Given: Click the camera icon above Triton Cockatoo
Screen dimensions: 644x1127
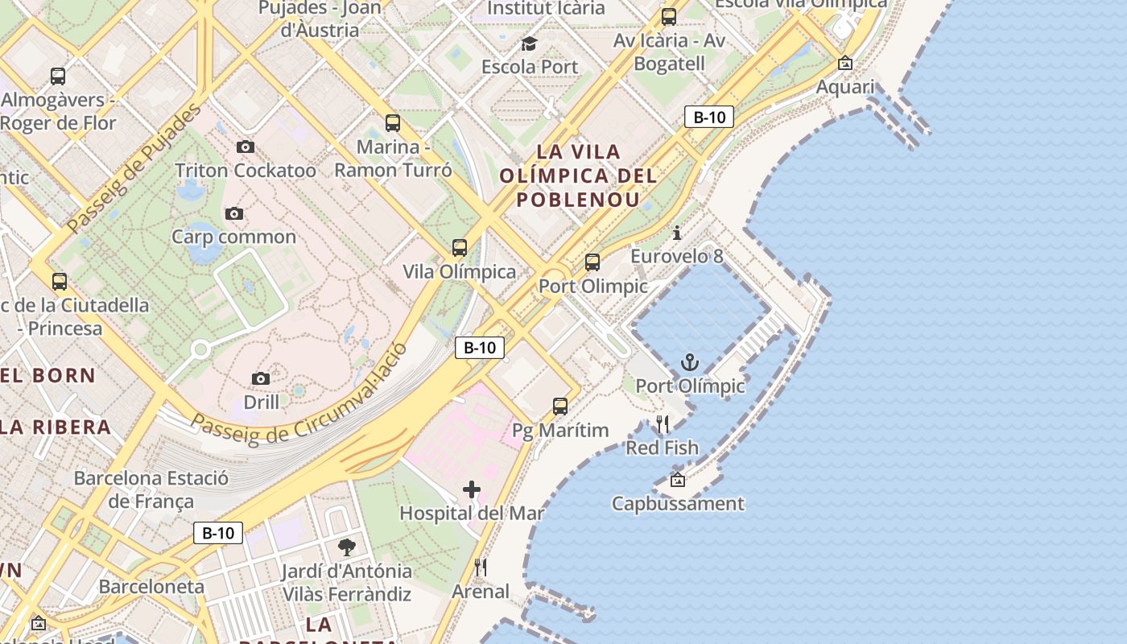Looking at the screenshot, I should (246, 147).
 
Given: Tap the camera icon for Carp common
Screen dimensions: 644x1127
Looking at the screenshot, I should (234, 213).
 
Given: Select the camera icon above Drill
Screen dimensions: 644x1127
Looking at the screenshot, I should (261, 378).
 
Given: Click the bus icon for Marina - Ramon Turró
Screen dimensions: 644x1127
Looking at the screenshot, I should (393, 123).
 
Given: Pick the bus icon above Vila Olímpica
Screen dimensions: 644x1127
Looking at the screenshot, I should (460, 248).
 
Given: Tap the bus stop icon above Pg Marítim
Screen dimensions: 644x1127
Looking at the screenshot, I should (560, 407).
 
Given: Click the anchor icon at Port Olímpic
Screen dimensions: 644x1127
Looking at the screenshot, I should (689, 362).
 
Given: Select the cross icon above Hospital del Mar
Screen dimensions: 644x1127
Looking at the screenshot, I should (472, 489).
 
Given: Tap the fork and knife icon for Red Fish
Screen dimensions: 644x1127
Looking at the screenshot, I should (663, 424).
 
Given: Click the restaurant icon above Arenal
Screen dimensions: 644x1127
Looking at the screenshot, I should (481, 568).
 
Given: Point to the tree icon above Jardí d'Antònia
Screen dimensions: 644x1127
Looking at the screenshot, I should (347, 547).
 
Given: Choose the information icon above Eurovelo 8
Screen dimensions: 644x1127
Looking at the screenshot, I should (677, 233).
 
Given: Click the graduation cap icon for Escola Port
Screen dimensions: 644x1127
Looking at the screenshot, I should (529, 43).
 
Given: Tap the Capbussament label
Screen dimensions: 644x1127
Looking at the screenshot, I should (678, 504).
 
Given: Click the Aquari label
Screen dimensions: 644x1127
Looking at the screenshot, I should (845, 86).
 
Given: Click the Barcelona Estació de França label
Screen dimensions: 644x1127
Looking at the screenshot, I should (151, 489).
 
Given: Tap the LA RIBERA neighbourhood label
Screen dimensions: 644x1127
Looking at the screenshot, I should (56, 427).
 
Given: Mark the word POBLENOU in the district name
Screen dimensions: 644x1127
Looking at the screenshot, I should (578, 199).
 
